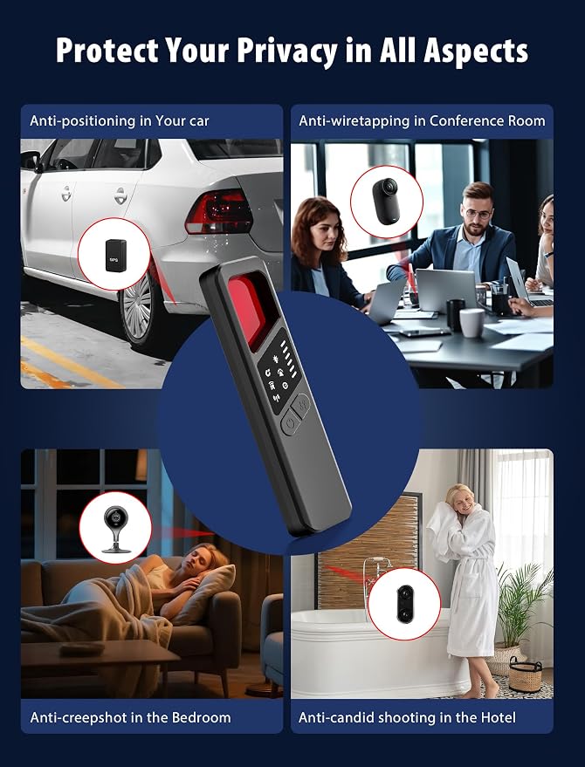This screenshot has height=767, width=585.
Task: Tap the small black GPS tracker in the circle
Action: (x=115, y=255)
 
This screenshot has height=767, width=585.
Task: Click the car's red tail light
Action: (x=219, y=211)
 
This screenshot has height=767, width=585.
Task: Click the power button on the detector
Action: (x=290, y=423)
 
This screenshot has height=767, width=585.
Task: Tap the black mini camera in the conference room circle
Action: (x=386, y=201)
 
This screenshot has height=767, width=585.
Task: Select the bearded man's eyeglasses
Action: (x=477, y=214)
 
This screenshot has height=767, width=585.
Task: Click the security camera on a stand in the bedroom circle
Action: (x=115, y=530)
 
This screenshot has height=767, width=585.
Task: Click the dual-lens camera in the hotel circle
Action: (x=405, y=603)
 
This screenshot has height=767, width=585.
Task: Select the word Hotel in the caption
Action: (x=498, y=717)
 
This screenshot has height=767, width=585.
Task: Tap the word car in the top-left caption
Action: (x=196, y=120)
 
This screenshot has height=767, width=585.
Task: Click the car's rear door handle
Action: (x=120, y=196)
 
